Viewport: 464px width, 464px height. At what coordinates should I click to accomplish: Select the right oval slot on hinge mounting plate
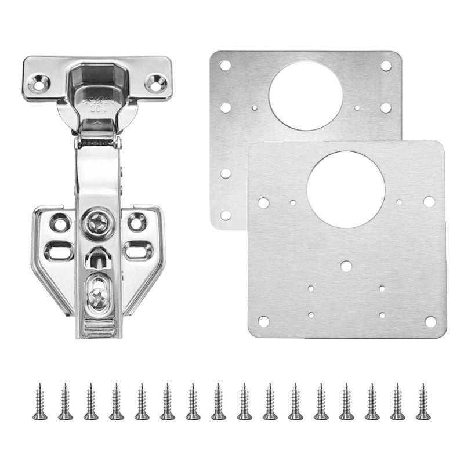tap(138, 249)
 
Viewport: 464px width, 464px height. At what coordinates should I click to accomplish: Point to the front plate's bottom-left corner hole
tap(263, 321)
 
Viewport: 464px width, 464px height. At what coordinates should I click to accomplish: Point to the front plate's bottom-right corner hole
tap(430, 321)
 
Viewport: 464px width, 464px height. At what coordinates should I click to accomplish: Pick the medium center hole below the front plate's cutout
tap(346, 266)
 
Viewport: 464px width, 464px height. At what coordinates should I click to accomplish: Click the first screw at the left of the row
tap(39, 401)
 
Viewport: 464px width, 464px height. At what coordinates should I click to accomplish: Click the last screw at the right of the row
tap(423, 401)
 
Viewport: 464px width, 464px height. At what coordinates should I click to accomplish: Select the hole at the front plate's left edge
tap(263, 203)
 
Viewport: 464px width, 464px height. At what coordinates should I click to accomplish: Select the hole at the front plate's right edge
tap(429, 201)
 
